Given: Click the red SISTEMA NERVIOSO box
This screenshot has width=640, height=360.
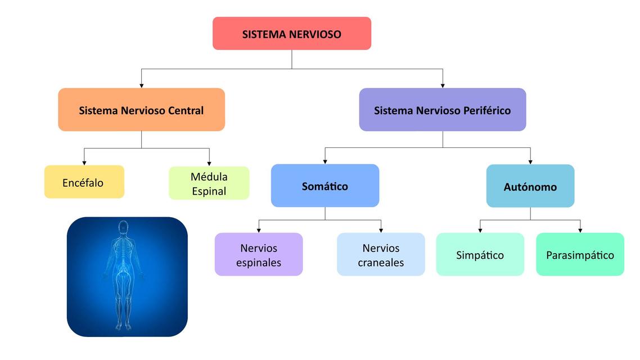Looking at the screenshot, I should (292, 34).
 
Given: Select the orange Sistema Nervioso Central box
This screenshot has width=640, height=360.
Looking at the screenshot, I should (141, 110).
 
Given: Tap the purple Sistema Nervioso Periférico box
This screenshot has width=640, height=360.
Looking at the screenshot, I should (443, 110).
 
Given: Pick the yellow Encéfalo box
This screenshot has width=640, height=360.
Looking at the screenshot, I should (84, 182).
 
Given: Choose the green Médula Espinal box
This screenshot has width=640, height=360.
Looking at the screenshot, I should (209, 183).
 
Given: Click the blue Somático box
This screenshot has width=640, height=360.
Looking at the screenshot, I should (325, 186).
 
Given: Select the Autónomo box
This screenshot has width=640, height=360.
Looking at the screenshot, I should (530, 186).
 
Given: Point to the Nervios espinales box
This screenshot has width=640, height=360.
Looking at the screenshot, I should (259, 255).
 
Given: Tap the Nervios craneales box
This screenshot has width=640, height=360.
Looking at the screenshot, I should (381, 255).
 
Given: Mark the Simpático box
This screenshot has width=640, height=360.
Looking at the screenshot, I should (480, 255).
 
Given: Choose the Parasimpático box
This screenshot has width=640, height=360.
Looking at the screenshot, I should (580, 255).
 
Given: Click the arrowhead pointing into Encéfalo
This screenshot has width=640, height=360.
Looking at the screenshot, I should (84, 163).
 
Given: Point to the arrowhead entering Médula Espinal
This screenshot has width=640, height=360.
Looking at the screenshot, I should (209, 164).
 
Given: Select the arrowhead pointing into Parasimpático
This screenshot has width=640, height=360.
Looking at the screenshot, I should (580, 230).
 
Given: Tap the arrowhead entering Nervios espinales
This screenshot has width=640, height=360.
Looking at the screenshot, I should (259, 230).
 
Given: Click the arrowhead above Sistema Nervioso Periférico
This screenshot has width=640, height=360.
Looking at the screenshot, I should (443, 85).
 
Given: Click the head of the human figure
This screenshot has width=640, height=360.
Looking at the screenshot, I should (124, 227).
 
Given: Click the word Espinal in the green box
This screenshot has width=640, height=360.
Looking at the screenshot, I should (209, 191).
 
